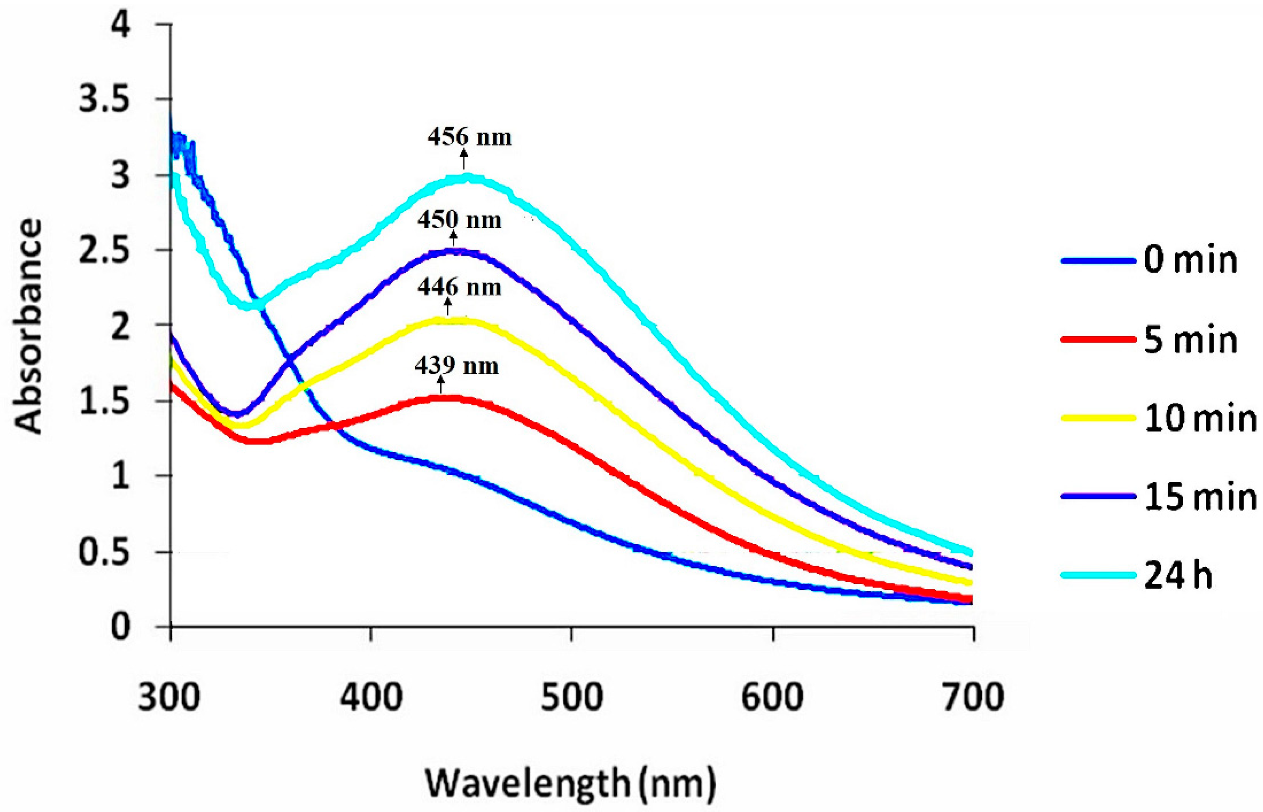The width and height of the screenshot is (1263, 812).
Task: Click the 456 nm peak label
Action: pos(469,138)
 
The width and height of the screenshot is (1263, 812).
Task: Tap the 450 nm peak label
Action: pos(459,220)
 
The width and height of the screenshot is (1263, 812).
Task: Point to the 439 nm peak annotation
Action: pos(457,366)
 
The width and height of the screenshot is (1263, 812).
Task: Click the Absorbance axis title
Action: pos(28,327)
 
